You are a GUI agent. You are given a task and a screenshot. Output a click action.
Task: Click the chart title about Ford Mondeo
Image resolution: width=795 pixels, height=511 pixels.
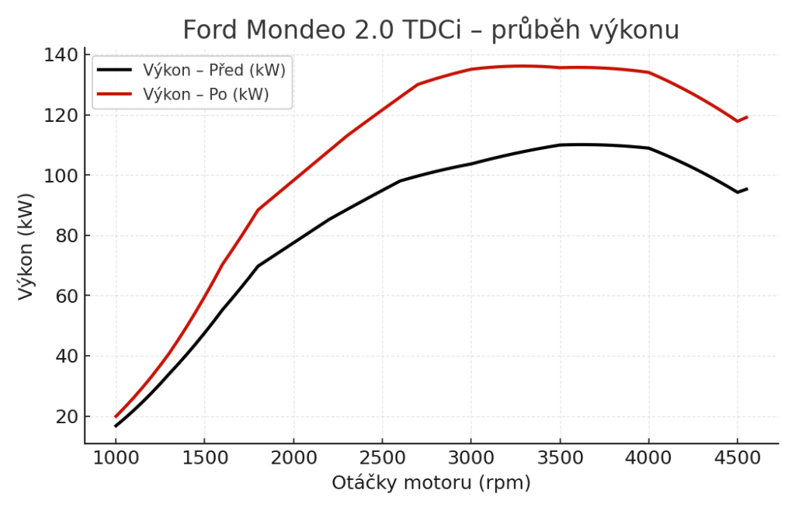pyautogui.click(x=431, y=30)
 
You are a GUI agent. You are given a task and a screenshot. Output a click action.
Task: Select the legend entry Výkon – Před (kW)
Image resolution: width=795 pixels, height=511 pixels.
pyautogui.click(x=214, y=70)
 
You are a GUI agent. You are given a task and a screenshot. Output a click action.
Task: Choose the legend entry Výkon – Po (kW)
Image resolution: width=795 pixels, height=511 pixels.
pyautogui.click(x=206, y=95)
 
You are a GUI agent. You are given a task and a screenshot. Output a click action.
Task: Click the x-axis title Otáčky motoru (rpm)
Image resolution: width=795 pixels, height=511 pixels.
pyautogui.click(x=431, y=483)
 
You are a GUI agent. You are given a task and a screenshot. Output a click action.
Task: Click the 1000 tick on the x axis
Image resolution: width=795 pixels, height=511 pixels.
pyautogui.click(x=116, y=458)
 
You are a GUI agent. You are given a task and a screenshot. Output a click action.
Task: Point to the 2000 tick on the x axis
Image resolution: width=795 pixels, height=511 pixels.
pyautogui.click(x=293, y=458)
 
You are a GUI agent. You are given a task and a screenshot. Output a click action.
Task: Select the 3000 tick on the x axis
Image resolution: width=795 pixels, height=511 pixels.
pyautogui.click(x=471, y=458)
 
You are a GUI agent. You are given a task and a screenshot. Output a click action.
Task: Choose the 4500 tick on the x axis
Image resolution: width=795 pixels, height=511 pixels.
pyautogui.click(x=738, y=458)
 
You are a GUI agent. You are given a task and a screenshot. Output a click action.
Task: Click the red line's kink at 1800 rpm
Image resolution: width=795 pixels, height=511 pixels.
pyautogui.click(x=258, y=210)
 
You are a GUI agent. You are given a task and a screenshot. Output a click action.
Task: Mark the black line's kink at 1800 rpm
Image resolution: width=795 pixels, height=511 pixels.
pyautogui.click(x=258, y=266)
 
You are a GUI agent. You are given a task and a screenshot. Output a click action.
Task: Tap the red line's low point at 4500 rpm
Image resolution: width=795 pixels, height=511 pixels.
pyautogui.click(x=738, y=121)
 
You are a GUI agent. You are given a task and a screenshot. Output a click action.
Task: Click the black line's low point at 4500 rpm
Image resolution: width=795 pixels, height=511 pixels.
pyautogui.click(x=738, y=192)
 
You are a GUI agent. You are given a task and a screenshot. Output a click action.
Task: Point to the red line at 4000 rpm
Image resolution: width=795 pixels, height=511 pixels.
pyautogui.click(x=649, y=72)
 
